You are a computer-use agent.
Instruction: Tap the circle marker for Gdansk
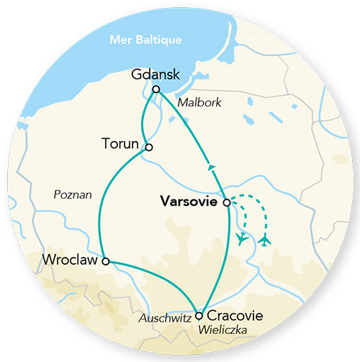tap(156, 89)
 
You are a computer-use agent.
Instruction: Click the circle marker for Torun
tap(148, 147)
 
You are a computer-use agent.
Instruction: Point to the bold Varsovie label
tap(189, 202)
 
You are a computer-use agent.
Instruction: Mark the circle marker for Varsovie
tap(227, 203)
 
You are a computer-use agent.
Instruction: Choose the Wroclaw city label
tap(69, 258)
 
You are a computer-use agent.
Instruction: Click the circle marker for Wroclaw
tap(106, 261)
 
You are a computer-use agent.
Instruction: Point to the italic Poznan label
tap(73, 195)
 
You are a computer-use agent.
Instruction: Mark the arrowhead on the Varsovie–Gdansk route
tap(212, 167)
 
